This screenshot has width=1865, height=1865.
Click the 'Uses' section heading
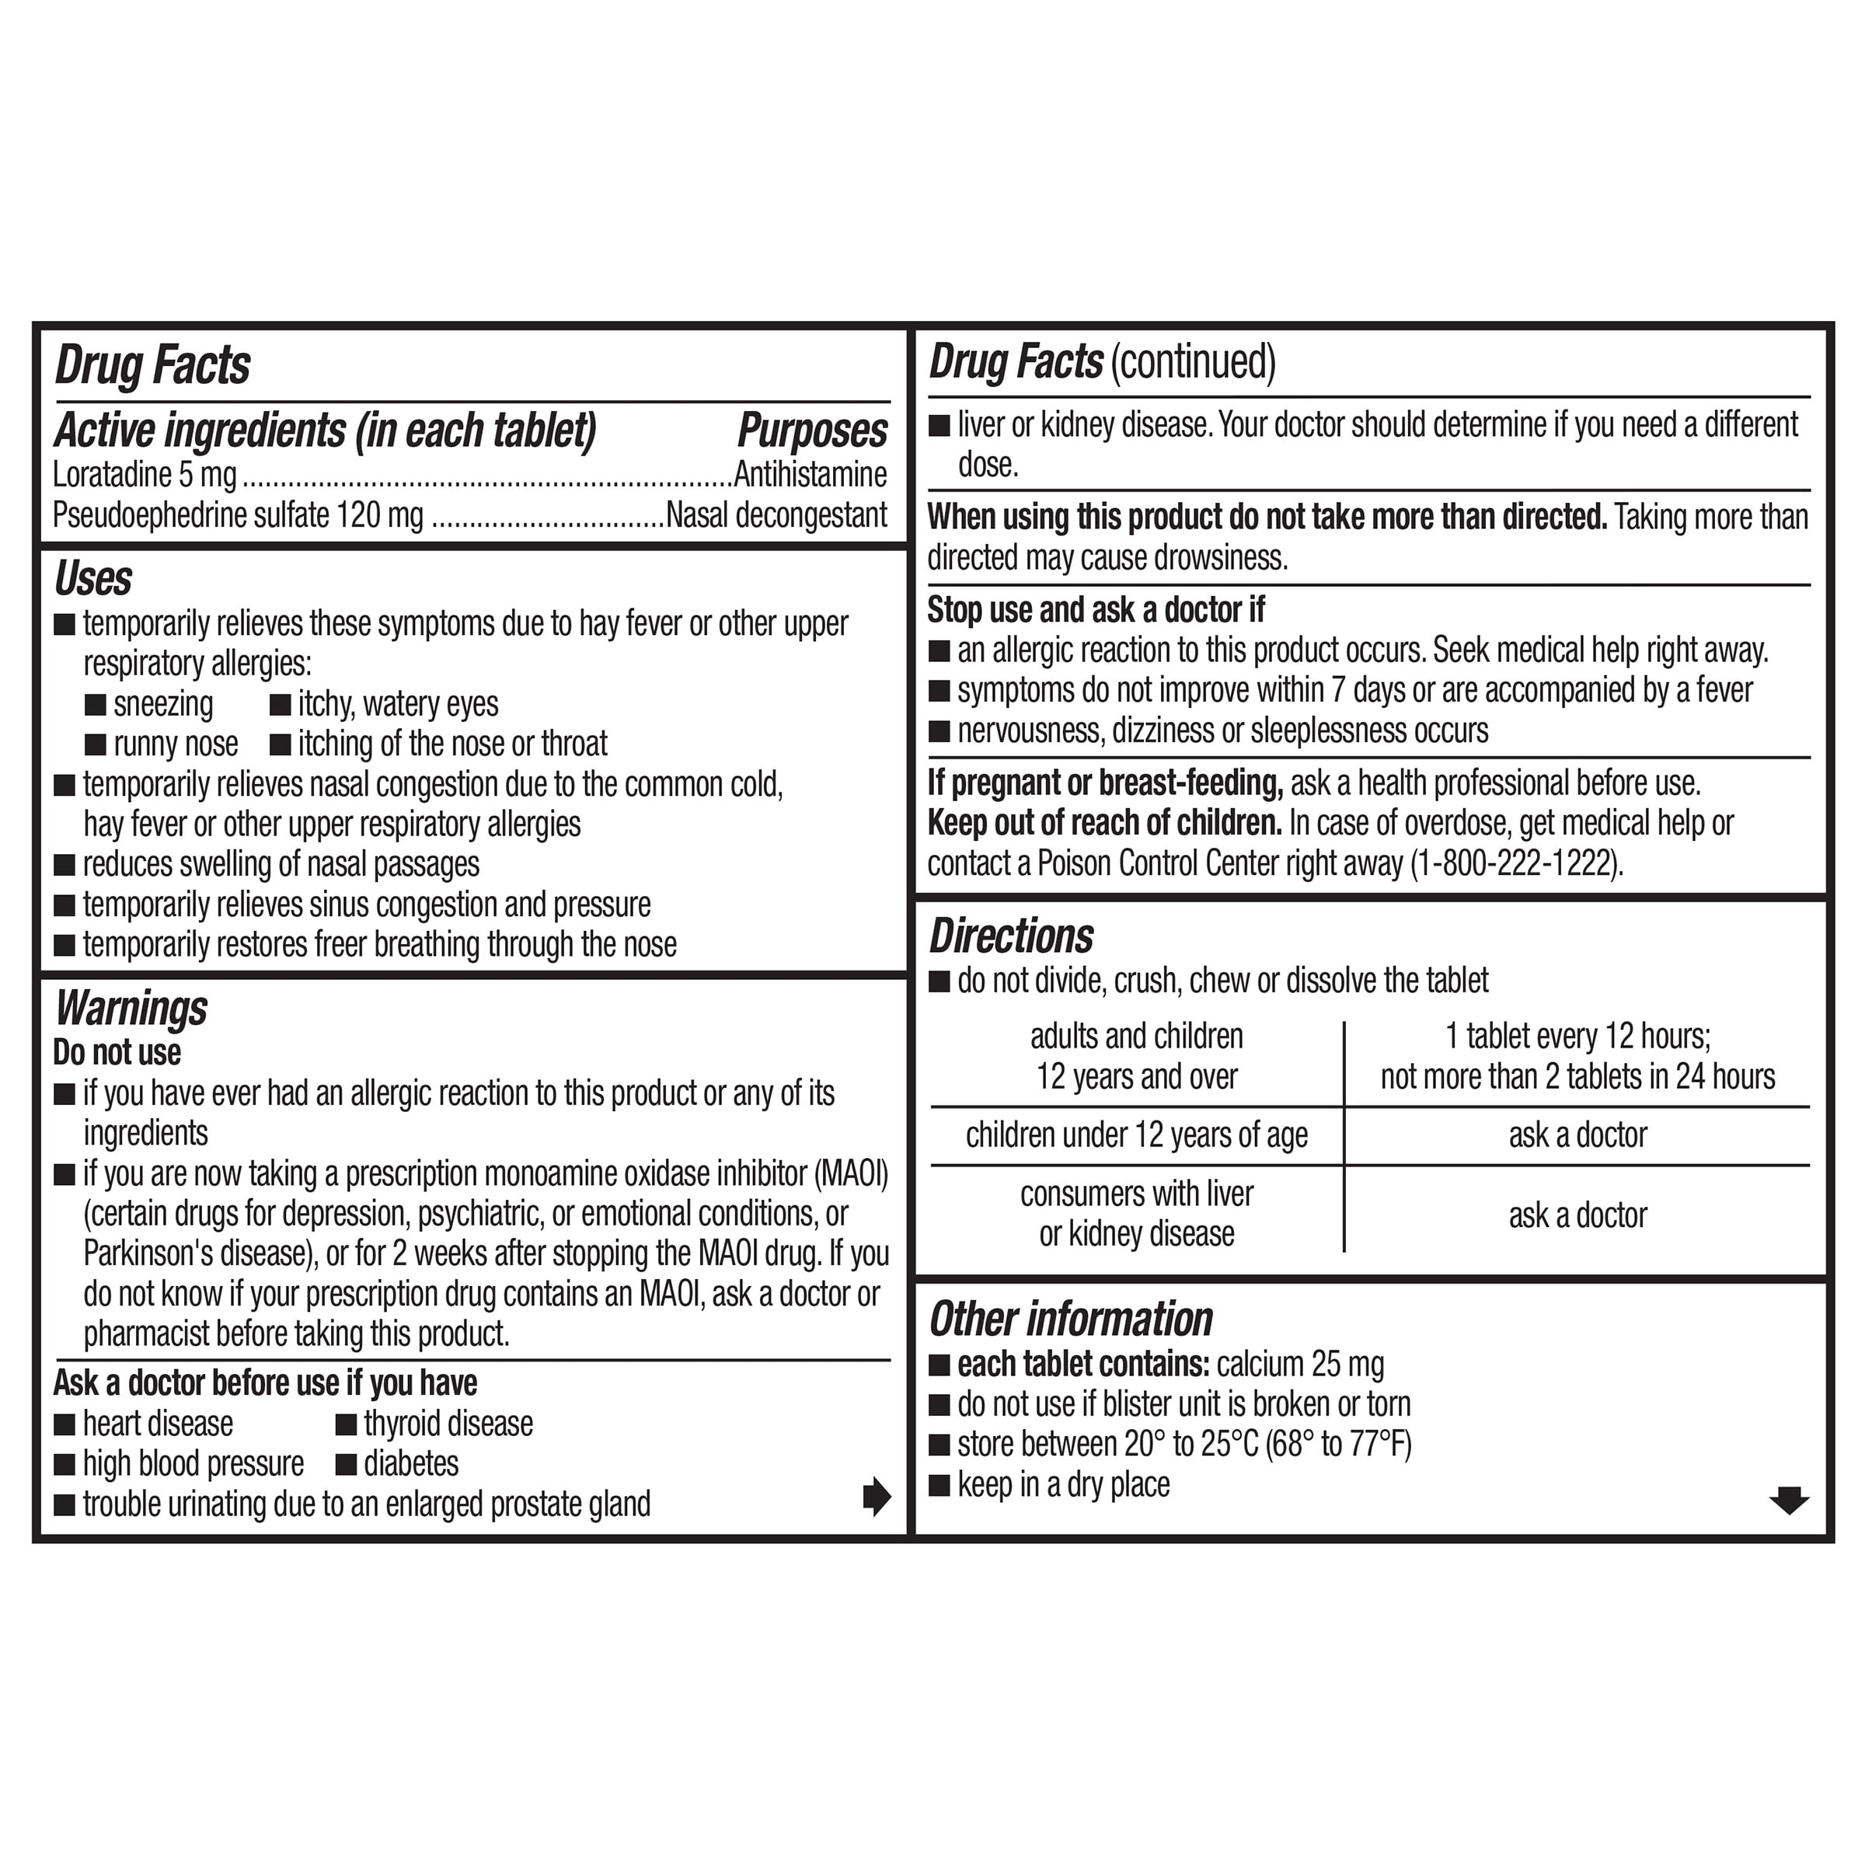point(92,579)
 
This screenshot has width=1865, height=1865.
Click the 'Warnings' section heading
point(131,1009)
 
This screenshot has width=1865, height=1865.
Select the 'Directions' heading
point(1011,936)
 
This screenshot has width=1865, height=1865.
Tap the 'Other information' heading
point(1071,1319)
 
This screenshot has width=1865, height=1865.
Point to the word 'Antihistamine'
point(810,475)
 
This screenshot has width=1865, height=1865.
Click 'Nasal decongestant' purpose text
point(776,515)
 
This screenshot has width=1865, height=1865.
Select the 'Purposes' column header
point(812,431)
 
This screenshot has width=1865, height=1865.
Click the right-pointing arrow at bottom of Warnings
point(876,1497)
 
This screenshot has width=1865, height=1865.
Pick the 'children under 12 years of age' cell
point(1136,1135)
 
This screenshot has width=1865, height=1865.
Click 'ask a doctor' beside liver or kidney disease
point(1577,1215)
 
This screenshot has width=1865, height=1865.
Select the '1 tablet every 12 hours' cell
point(1577,1037)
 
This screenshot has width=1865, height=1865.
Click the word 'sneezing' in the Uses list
point(162,705)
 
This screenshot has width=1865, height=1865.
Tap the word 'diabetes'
point(411,1463)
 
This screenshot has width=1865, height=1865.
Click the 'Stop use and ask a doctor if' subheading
point(1096,610)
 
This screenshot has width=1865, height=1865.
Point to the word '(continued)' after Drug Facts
point(1193,362)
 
